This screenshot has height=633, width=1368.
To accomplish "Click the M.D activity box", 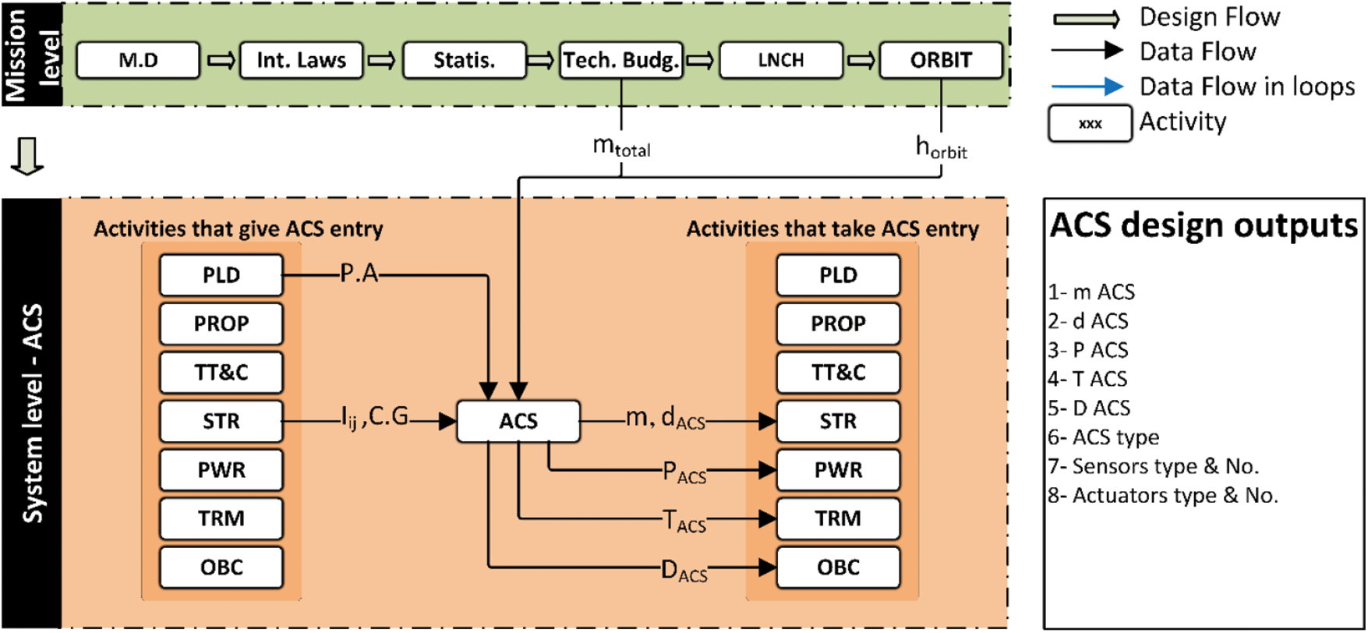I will coord(138,60).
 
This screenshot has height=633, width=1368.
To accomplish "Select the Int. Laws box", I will coord(301,60).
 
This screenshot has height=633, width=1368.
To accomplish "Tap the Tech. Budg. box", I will coord(621,60).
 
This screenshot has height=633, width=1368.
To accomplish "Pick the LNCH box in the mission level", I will coord(781,60).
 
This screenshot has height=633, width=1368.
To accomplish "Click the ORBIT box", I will coord(941,60).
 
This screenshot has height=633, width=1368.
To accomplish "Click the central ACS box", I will coord(518,421).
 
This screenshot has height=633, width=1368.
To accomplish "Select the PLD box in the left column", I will coord(221,275).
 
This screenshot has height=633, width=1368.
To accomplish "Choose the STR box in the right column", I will coord(838,421).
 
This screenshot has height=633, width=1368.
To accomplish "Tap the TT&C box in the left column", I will coord(221,373).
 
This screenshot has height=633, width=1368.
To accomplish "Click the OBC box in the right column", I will coord(838,567).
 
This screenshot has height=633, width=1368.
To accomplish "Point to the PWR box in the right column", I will coord(838,470).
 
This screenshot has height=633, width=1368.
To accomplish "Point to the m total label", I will coord(621,147).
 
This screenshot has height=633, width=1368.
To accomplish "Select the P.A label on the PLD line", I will coord(359,274).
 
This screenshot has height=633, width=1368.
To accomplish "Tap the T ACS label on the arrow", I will coord(684,521).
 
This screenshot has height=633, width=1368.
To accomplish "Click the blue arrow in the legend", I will coord(1087,87).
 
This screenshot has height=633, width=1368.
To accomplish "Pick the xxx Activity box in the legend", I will coord(1090,123).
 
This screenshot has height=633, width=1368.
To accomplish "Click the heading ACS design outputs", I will coord(1204,225).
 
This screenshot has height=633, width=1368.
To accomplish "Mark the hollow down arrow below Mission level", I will coord(28,156).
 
